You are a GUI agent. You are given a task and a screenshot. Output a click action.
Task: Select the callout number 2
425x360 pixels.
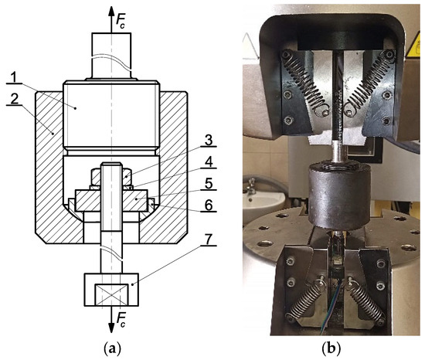coord(15,100)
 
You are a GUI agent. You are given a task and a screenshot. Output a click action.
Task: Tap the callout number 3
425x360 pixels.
coord(209,141)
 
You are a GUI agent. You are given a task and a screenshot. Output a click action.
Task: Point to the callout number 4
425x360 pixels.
coord(209,162)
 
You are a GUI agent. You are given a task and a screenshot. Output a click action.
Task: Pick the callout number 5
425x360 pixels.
coord(209,184)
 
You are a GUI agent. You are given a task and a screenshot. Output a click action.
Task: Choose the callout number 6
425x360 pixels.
coord(209,205)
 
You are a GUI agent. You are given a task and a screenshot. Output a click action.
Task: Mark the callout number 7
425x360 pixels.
coord(209,240)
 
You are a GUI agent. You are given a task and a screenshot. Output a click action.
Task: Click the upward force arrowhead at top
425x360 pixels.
coord(111,12)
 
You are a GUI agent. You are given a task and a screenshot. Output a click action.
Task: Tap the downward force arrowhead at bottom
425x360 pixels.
coord(111,328)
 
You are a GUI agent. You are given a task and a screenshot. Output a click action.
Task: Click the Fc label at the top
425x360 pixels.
coord(121,20)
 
